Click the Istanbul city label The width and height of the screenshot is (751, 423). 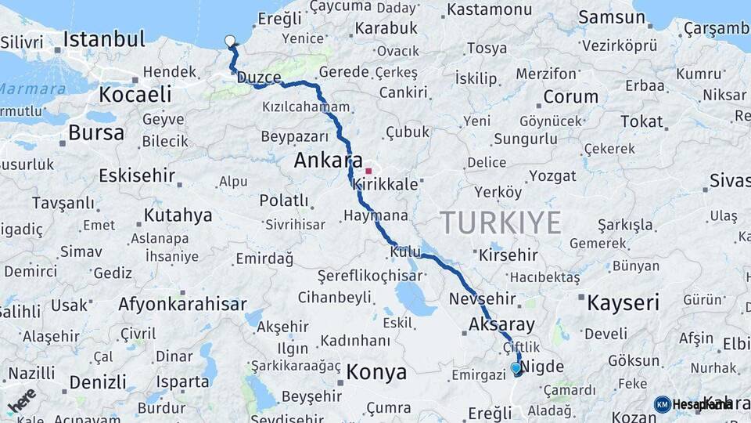tap(104, 39)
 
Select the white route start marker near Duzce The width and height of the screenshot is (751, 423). tap(229, 41)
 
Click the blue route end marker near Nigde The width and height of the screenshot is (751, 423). tap(516, 367)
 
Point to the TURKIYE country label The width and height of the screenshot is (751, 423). tap(501, 222)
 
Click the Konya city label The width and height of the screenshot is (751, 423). tap(376, 371)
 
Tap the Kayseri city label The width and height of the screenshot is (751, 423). tap(623, 302)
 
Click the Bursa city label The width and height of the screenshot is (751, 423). tap(96, 132)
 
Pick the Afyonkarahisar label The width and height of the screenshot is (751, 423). tap(182, 304)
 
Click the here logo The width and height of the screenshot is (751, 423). tap(22, 400)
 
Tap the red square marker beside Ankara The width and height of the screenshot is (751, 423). tap(368, 170)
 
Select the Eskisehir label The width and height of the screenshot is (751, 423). tap(138, 175)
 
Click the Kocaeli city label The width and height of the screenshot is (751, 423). tap(135, 95)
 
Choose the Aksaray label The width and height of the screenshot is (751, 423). tap(501, 324)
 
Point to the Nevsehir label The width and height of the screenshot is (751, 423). tap(483, 298)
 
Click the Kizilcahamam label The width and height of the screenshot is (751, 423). tap(306, 107)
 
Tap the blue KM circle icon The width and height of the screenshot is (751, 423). tap(662, 404)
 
